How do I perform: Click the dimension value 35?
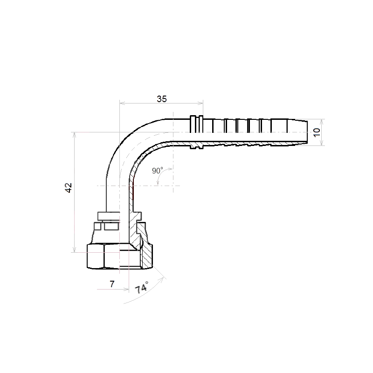161,99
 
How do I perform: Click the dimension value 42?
69,188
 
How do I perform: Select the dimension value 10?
317,132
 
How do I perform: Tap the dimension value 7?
112,284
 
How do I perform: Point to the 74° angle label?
142,287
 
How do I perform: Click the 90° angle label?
158,170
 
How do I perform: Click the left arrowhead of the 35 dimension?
122,103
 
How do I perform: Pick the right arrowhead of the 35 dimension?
200,103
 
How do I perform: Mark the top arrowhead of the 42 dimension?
75,135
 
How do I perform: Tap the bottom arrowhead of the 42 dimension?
75,249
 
